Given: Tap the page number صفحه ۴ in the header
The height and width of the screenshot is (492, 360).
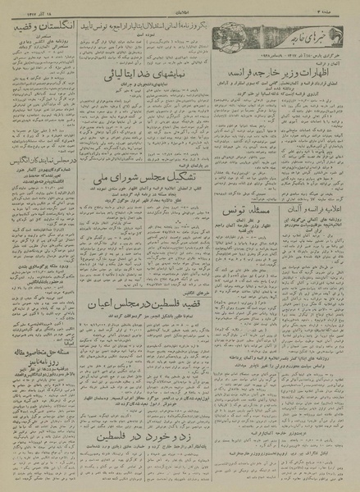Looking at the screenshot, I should click(343, 7).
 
